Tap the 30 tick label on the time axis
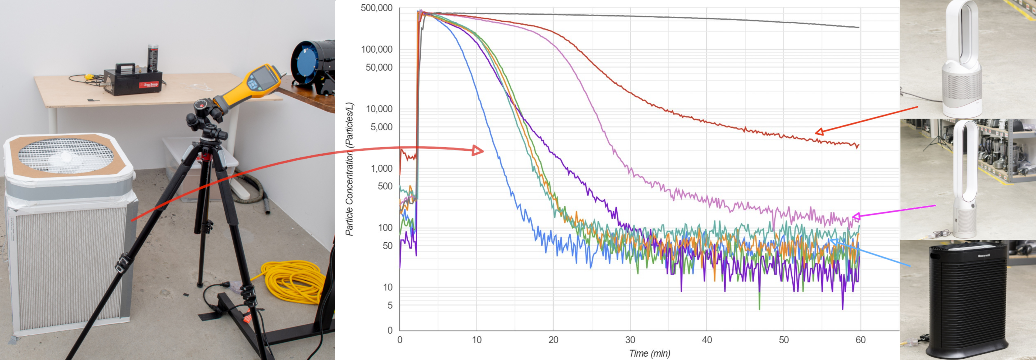point(630,340)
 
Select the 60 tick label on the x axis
point(860,340)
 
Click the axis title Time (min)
point(649,354)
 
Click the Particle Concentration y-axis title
point(349,169)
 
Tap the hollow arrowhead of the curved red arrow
point(478,151)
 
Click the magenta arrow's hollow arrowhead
point(856,217)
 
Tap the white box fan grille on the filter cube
point(66,155)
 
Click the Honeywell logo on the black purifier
point(984,255)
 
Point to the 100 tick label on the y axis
point(385,228)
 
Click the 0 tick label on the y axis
point(389,330)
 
